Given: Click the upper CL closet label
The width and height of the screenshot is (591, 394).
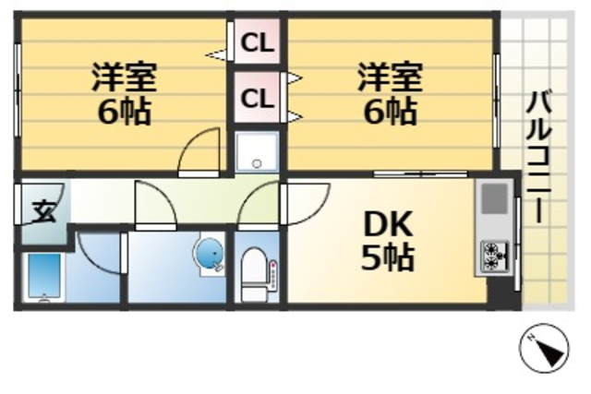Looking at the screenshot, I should [x=258, y=43].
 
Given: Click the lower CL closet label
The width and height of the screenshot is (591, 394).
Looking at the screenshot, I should [x=258, y=97].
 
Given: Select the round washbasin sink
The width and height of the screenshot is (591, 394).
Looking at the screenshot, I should [x=209, y=254].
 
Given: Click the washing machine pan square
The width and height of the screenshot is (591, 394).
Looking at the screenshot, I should [x=257, y=152].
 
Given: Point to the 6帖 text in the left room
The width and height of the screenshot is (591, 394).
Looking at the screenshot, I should [x=123, y=113].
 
